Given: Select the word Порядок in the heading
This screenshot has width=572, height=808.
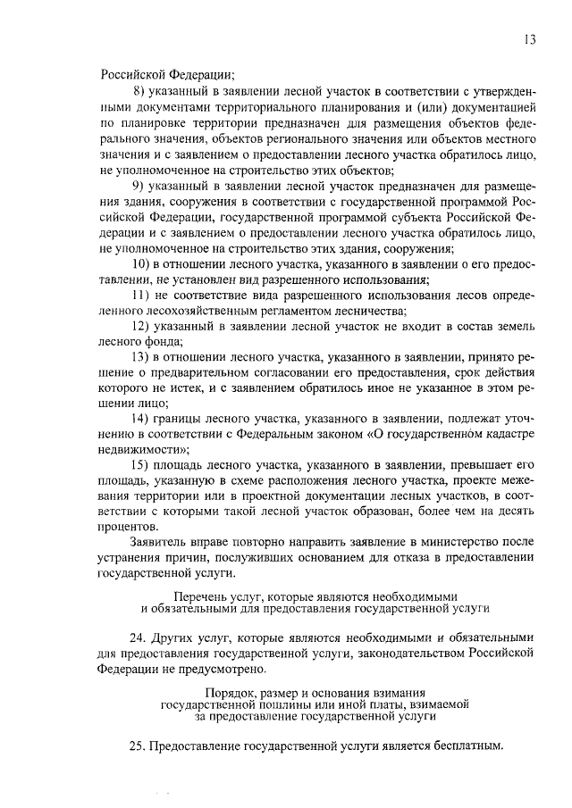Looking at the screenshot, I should (228, 692).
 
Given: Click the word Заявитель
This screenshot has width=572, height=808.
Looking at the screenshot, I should (159, 546).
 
